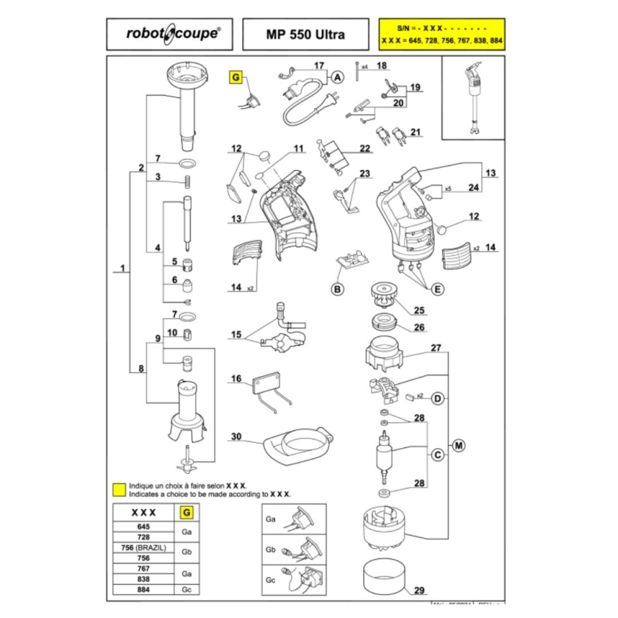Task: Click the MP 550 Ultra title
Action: click(x=303, y=33)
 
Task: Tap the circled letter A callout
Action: click(x=337, y=77)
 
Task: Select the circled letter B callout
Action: click(x=337, y=289)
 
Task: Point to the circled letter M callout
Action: click(x=459, y=444)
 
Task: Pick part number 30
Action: click(x=236, y=436)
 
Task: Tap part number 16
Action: click(x=236, y=380)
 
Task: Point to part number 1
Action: click(x=123, y=269)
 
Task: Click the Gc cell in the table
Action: click(x=187, y=589)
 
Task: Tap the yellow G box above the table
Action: click(x=187, y=512)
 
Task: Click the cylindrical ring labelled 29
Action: click(x=386, y=578)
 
